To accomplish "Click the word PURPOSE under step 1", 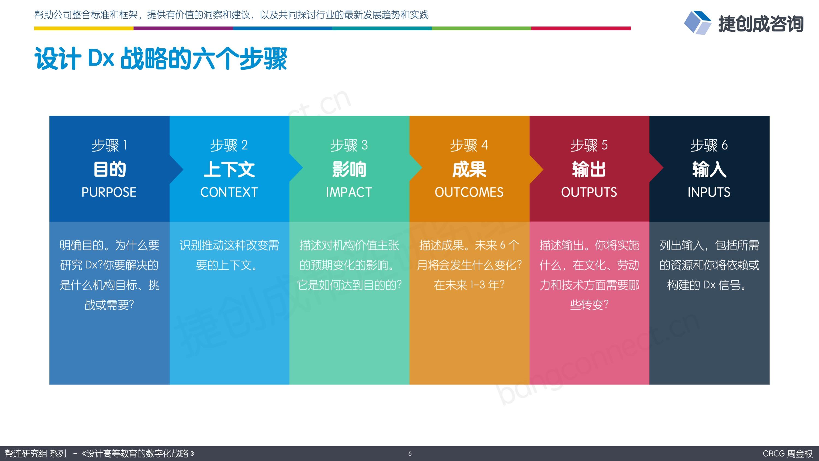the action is click(x=109, y=192).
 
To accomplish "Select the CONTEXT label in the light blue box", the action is click(x=229, y=192).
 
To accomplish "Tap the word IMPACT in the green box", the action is click(x=349, y=192).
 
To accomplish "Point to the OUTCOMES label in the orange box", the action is click(x=469, y=192).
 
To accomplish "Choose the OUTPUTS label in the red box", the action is click(x=589, y=192).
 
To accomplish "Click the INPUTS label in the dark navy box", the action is click(x=709, y=192).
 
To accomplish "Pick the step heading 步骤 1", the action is click(x=109, y=145).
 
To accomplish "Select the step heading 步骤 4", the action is click(x=469, y=145).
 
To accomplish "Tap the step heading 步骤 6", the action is click(x=709, y=145).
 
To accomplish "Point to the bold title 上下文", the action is click(x=229, y=169).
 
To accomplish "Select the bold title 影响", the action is click(x=349, y=169).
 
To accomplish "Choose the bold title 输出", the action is click(x=589, y=169).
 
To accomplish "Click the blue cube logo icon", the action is click(x=697, y=22).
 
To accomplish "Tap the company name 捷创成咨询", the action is click(x=761, y=24).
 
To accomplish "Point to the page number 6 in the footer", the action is click(x=410, y=454).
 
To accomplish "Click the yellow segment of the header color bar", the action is click(x=84, y=28).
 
